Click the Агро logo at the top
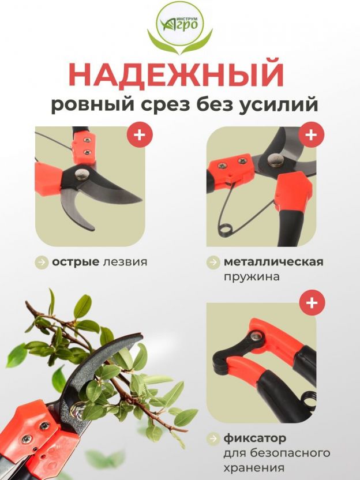click(x=179, y=28)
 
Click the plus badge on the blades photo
click(x=140, y=134)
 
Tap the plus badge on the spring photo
click(x=312, y=134)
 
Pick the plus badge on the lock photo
click(x=312, y=303)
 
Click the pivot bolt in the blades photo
click(x=82, y=174)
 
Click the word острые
click(x=76, y=262)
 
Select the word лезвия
click(x=125, y=262)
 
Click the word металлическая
click(x=273, y=262)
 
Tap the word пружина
click(x=252, y=277)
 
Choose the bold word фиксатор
click(x=254, y=438)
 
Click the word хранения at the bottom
click(x=254, y=468)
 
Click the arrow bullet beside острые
click(x=42, y=262)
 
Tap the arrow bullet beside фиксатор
click(x=213, y=439)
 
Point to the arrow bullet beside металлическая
click(x=213, y=262)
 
